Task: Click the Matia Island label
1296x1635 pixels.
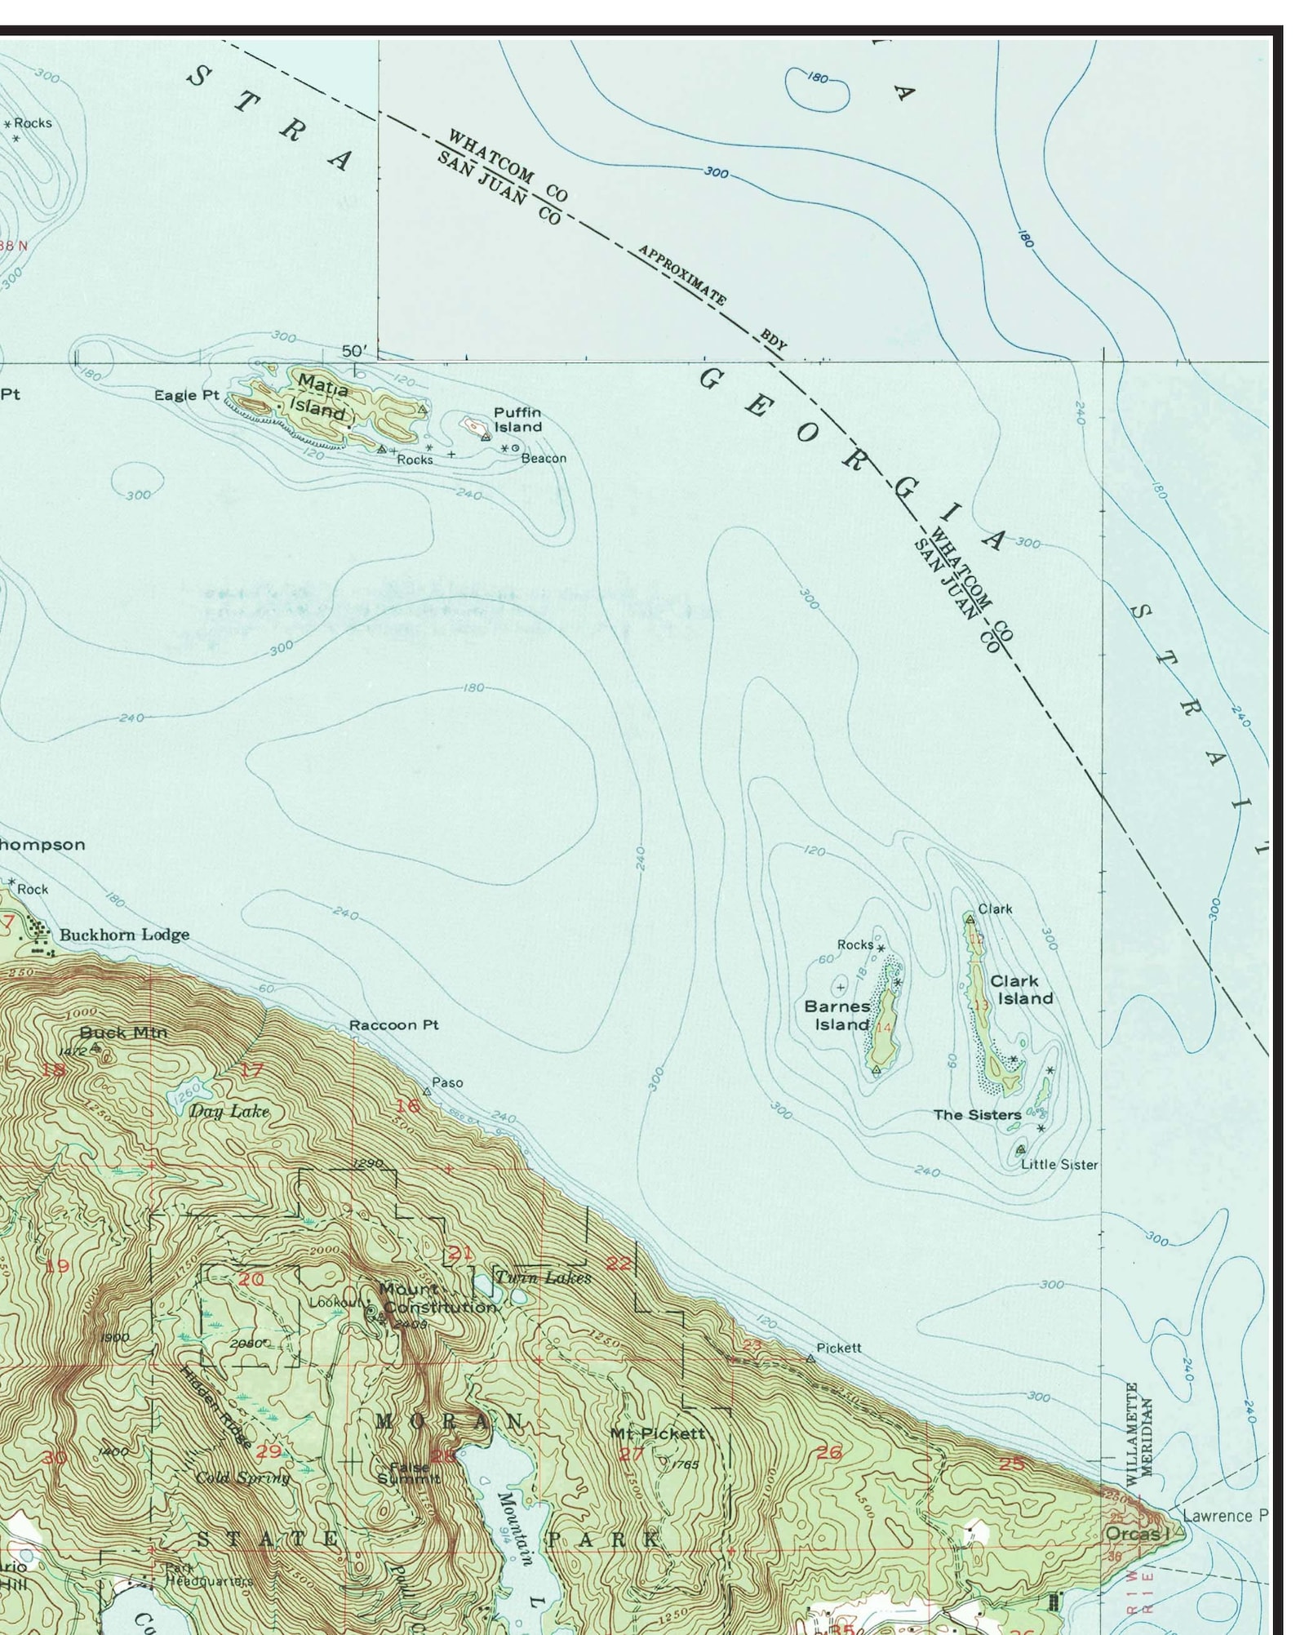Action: [321, 396]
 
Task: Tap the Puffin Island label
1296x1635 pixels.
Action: [517, 420]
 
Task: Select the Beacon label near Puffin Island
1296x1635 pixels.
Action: [544, 458]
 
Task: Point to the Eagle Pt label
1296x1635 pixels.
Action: [187, 395]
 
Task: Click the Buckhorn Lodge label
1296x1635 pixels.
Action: [124, 935]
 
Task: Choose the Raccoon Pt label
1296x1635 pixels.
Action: [393, 1024]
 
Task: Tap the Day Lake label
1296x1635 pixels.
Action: [229, 1111]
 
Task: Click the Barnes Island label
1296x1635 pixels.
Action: [837, 1015]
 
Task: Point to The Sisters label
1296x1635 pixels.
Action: [977, 1114]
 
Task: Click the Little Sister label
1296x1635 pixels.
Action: [1059, 1165]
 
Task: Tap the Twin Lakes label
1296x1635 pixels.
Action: [543, 1277]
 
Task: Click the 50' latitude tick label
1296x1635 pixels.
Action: [355, 351]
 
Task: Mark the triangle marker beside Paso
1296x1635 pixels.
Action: [426, 1091]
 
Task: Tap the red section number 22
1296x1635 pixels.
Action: [619, 1264]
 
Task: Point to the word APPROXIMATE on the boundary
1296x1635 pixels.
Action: [682, 274]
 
